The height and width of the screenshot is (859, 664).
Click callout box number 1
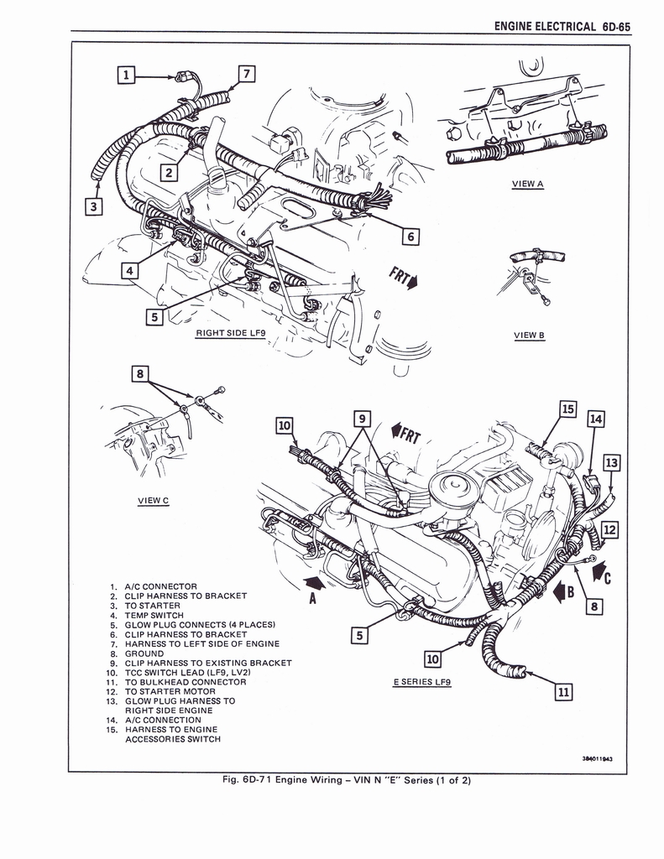126,75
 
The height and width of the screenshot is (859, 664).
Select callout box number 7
246,73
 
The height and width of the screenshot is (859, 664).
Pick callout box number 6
410,237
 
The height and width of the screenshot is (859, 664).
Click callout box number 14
595,419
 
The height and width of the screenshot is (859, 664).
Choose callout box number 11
563,692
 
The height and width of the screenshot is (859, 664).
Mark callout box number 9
362,418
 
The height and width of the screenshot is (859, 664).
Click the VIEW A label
528,184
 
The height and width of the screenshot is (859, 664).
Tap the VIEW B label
529,336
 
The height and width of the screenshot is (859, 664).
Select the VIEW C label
153,501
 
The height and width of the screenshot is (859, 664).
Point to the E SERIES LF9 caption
422,681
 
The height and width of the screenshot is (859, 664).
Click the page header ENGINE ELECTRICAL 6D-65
562,26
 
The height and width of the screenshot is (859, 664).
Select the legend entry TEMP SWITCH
154,615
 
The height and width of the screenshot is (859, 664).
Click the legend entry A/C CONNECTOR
160,586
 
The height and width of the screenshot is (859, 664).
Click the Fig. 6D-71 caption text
346,780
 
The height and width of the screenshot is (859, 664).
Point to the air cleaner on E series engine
452,487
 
